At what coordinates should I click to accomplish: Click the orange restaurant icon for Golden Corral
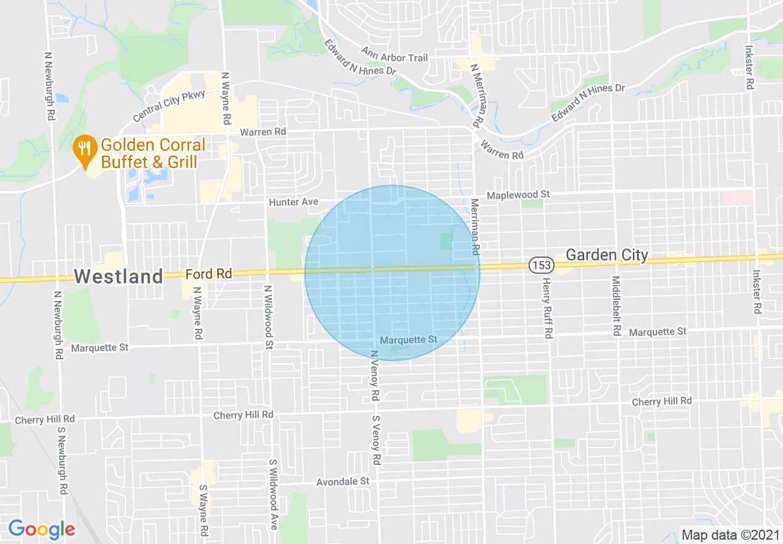[83, 148]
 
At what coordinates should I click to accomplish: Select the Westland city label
[119, 276]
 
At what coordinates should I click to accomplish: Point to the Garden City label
[607, 255]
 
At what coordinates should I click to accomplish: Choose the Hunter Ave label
[293, 202]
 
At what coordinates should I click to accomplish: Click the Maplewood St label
[518, 195]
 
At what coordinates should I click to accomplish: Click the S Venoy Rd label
[375, 440]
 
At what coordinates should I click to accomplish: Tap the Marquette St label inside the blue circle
[408, 340]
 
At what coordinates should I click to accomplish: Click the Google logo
[41, 529]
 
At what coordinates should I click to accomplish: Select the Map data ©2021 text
[729, 534]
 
